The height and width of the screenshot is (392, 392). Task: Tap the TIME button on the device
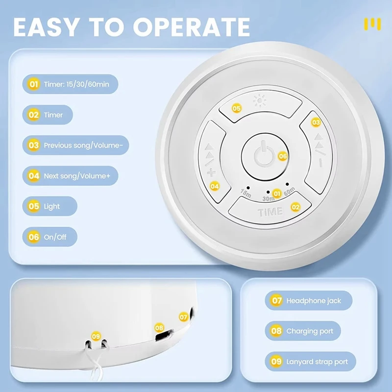point(269,212)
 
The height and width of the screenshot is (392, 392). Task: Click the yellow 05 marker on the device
point(237,108)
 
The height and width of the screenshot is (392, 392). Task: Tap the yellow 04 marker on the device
point(214,186)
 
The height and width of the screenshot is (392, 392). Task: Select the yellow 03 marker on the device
point(316,122)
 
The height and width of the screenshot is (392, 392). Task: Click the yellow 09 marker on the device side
point(96,336)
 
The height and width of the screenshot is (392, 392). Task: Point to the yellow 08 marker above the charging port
point(159,327)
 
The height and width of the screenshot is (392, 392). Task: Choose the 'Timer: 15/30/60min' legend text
point(76,85)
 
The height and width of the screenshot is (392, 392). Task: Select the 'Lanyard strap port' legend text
point(317,362)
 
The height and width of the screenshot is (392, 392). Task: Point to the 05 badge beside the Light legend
point(34,206)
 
